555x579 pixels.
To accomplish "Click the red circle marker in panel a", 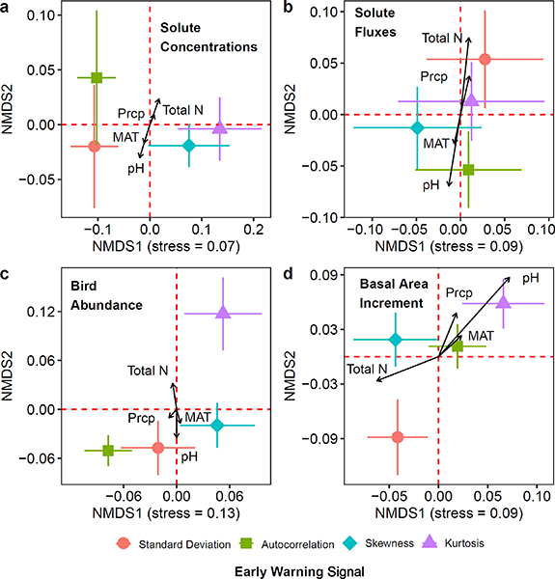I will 94,146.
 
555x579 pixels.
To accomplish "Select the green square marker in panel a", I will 97,77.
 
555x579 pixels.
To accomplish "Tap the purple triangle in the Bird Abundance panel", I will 223,313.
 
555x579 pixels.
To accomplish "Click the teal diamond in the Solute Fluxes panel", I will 417,127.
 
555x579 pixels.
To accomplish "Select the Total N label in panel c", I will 148,371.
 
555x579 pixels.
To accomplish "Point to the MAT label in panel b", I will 436,143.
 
